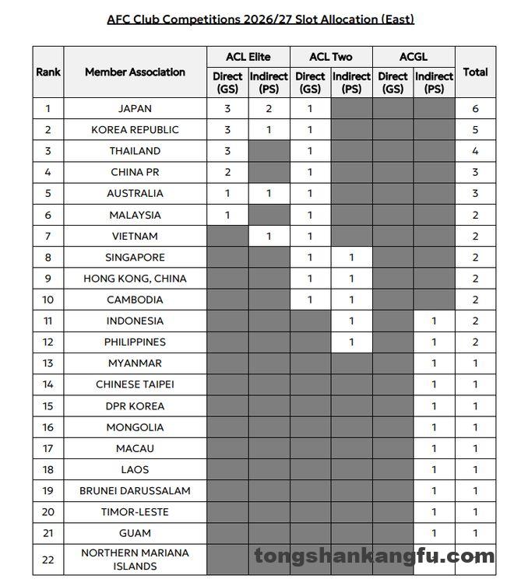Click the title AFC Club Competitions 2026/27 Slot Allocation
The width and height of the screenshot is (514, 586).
260,19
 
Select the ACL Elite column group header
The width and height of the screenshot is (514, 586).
248,57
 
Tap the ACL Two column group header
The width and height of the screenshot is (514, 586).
331,57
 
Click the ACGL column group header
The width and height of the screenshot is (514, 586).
414,57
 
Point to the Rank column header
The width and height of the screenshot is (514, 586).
48,72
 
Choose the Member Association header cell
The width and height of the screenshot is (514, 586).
135,72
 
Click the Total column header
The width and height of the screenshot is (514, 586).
475,72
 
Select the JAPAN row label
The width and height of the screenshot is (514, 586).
135,109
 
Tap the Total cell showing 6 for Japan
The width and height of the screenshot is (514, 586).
475,109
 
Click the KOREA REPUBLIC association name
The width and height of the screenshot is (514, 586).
135,130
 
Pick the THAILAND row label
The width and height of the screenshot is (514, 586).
135,151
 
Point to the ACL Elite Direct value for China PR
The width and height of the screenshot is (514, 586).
227,172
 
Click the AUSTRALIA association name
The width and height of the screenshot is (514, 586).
135,193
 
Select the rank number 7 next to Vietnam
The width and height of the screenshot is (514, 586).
48,236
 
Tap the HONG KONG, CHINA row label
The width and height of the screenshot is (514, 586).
135,278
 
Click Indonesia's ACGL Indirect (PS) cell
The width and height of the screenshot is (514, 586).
434,321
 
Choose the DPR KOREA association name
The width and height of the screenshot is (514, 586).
135,405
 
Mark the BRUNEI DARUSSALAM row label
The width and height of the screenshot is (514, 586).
135,490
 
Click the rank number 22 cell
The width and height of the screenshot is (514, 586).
48,559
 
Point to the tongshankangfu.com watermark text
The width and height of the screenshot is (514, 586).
374,556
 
